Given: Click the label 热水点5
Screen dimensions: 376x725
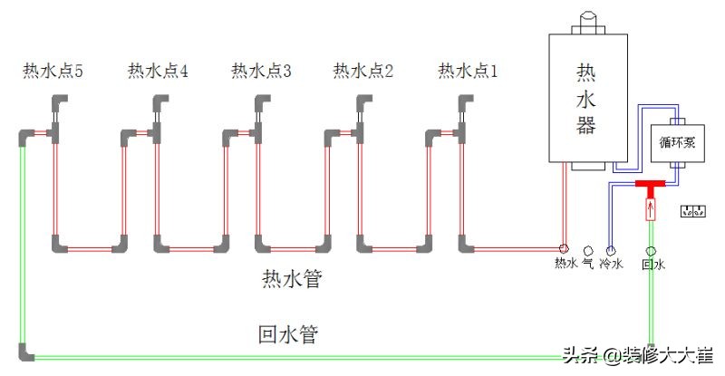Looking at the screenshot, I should [x=53, y=71].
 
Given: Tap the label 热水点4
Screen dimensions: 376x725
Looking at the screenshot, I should [x=158, y=71].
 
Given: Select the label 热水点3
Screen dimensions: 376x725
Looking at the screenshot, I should [x=261, y=71].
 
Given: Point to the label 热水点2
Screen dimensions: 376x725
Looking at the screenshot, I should [x=363, y=71].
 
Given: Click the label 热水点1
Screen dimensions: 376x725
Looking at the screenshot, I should [x=468, y=71].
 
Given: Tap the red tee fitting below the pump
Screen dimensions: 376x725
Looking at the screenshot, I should [x=649, y=187].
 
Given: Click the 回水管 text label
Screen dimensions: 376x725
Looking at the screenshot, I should [x=287, y=334].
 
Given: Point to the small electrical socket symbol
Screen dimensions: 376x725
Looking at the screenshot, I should [x=692, y=212].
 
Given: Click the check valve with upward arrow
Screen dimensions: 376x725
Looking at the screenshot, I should [x=650, y=211].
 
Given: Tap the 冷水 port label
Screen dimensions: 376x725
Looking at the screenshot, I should [x=612, y=265].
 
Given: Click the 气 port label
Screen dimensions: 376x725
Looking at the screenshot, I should [x=587, y=264].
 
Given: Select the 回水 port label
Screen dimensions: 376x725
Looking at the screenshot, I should [x=652, y=265].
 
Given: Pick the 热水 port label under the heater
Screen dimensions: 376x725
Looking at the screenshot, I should [x=565, y=264].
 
